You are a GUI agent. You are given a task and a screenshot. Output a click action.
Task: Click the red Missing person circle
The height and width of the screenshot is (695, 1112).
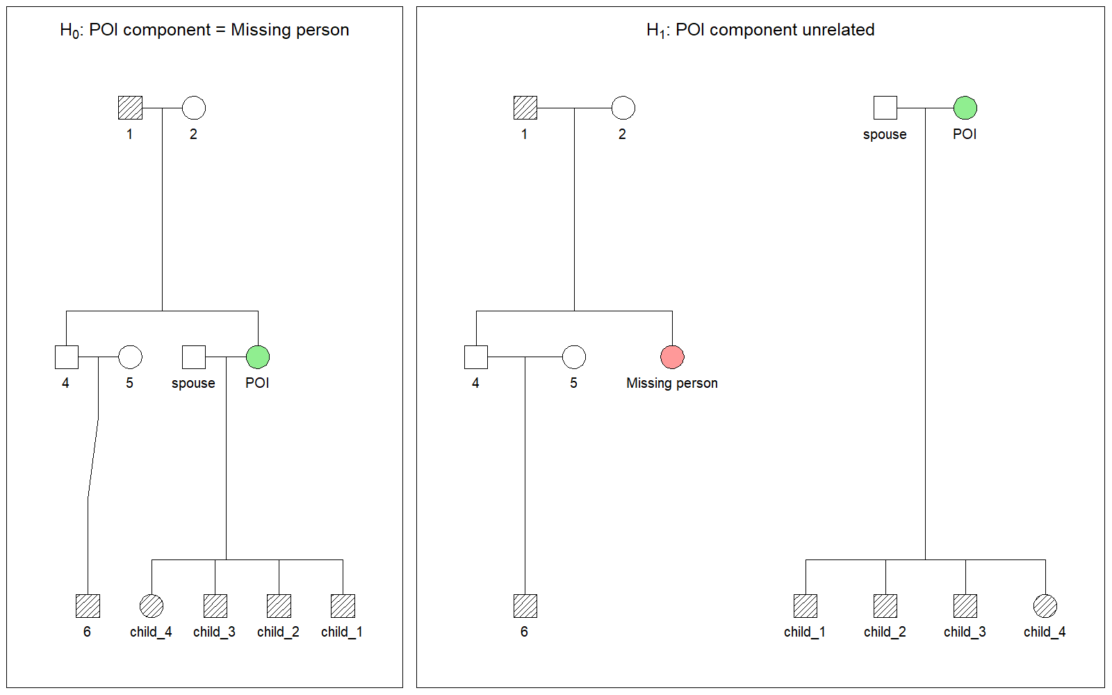pyautogui.click(x=672, y=357)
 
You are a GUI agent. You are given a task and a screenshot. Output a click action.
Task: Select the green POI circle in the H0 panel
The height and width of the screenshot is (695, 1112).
pyautogui.click(x=258, y=357)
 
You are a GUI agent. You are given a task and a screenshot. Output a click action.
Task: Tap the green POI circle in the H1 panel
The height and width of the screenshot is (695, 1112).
pyautogui.click(x=965, y=108)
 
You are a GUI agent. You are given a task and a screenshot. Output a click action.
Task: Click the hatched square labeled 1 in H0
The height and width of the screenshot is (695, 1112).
pyautogui.click(x=130, y=108)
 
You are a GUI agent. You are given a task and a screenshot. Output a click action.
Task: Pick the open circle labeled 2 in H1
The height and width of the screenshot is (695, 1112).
pyautogui.click(x=623, y=108)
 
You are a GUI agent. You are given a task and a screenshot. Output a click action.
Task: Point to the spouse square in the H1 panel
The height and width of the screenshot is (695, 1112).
pyautogui.click(x=885, y=108)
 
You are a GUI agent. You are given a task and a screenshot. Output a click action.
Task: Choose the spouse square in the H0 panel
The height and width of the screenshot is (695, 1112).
pyautogui.click(x=194, y=357)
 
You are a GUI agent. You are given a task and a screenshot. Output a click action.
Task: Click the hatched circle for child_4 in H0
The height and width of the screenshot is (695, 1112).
pyautogui.click(x=152, y=606)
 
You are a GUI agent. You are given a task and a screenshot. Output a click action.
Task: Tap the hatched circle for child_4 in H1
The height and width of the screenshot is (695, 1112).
pyautogui.click(x=1045, y=606)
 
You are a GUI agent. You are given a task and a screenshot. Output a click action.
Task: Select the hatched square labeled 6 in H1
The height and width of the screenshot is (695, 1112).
pyautogui.click(x=525, y=606)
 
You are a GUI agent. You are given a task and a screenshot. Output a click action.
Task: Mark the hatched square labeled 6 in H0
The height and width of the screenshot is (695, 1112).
pyautogui.click(x=88, y=606)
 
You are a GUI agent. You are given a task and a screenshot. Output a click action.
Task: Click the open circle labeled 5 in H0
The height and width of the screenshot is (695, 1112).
pyautogui.click(x=130, y=357)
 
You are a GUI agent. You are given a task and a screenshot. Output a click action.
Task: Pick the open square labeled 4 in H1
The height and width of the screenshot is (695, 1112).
pyautogui.click(x=476, y=357)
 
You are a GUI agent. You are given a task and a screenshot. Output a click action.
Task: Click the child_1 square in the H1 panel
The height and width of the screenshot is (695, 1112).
pyautogui.click(x=806, y=606)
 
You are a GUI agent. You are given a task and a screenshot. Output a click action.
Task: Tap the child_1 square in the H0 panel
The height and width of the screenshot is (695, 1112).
pyautogui.click(x=343, y=606)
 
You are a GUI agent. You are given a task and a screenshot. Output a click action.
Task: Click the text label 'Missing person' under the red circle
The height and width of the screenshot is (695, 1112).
pyautogui.click(x=672, y=383)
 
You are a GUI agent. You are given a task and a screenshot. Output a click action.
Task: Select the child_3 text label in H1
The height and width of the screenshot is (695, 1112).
pyautogui.click(x=965, y=632)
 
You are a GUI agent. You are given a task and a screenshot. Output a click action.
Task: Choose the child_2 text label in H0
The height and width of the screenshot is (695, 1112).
pyautogui.click(x=279, y=632)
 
